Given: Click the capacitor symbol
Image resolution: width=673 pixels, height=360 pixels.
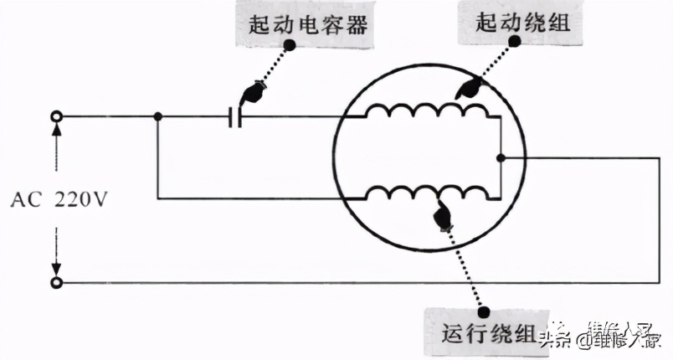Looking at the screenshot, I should coord(235,117).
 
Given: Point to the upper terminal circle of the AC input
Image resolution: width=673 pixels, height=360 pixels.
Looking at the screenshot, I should coord(57,117).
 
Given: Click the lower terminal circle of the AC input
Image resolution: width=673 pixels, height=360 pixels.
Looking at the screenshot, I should coord(57,283).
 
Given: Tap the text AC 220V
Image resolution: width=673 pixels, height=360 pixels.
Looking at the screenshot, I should coord(58,200).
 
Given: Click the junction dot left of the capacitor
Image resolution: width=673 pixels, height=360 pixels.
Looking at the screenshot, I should coord(157,117).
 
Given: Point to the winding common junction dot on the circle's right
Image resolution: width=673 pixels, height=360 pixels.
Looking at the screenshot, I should coord(499,157).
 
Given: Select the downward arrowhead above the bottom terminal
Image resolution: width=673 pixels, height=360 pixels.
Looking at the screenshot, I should coord(57,270).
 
